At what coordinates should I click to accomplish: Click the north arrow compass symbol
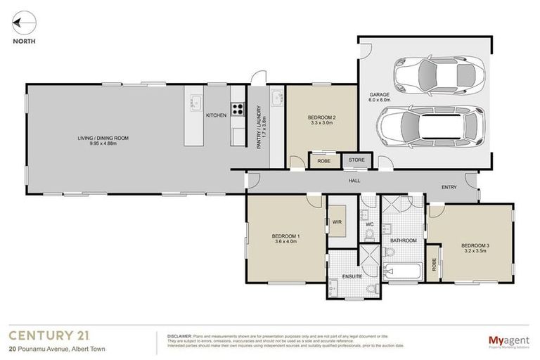[23, 24]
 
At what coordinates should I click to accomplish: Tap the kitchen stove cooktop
[238, 109]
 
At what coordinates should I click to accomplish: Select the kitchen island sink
[195, 103]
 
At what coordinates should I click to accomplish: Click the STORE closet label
[356, 160]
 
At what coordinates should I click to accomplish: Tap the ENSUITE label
[352, 276]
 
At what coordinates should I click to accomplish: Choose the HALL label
[355, 181]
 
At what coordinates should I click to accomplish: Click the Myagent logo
[508, 341]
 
